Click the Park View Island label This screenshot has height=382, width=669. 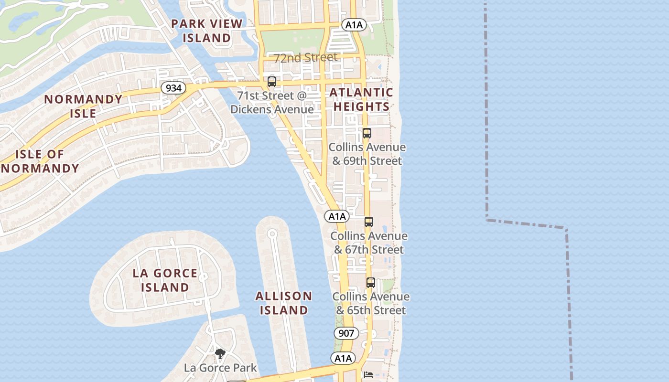pos(207,31)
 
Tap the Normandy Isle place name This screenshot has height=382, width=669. pos(83,106)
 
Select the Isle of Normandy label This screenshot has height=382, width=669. pos(40,161)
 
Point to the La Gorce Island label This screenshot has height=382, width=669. pos(165,280)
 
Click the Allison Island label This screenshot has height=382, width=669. pos(284,303)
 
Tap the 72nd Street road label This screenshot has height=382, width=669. pos(305,58)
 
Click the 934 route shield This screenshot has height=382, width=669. pos(173,88)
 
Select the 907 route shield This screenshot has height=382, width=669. pos(345,333)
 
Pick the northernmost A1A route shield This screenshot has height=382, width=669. pos(354,25)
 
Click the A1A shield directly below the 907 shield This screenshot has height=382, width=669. pos(343,358)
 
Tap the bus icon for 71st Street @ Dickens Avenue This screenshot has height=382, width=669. pos(272,82)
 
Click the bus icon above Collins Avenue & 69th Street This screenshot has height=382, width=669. pos(367,133)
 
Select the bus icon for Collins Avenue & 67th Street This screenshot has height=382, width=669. pos(368,222)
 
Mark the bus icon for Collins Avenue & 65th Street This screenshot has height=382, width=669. pos(370,282)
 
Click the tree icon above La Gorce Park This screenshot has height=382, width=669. pos(220,354)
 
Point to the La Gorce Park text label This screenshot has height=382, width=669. pos(220,368)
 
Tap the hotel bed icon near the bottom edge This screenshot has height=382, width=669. pos(368,375)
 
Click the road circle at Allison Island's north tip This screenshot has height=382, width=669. pos(272,233)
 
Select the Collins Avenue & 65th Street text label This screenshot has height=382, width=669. pos(371,303)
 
